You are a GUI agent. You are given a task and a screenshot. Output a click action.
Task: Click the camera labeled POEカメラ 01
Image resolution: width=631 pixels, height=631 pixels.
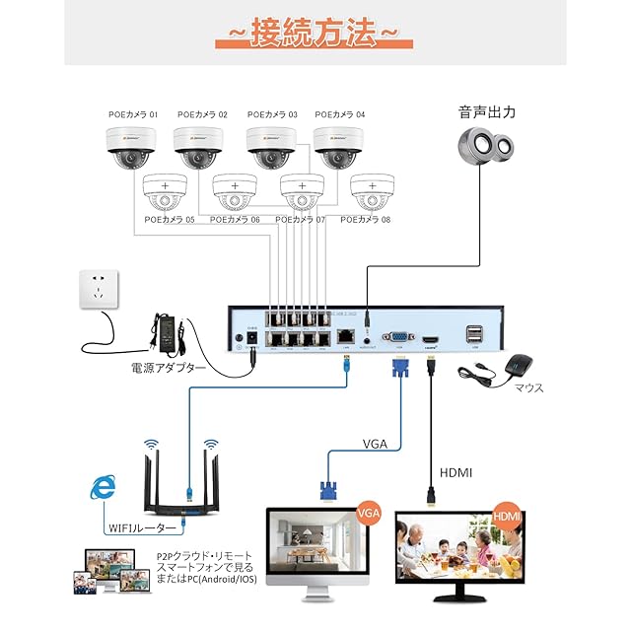click(132, 146)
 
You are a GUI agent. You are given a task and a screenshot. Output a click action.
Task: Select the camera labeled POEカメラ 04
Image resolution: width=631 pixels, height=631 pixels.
click(339, 146)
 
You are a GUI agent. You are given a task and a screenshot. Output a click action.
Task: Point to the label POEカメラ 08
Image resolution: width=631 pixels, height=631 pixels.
click(366, 219)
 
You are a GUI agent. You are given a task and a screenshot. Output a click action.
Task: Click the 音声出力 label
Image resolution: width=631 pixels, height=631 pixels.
click(487, 112)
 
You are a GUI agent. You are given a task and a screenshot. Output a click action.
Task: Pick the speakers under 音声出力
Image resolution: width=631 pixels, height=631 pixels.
click(487, 147)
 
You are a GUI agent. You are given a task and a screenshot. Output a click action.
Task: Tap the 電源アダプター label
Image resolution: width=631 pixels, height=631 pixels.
click(169, 369)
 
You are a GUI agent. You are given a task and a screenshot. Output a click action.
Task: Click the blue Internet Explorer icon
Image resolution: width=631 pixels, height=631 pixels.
click(101, 487)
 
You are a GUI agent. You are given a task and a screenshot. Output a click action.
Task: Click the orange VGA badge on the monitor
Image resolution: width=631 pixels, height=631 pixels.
click(369, 513)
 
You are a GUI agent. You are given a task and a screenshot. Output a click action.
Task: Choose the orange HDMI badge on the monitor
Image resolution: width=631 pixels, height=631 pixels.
click(507, 516)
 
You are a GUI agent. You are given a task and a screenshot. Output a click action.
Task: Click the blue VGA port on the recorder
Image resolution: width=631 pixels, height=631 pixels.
click(399, 335)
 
